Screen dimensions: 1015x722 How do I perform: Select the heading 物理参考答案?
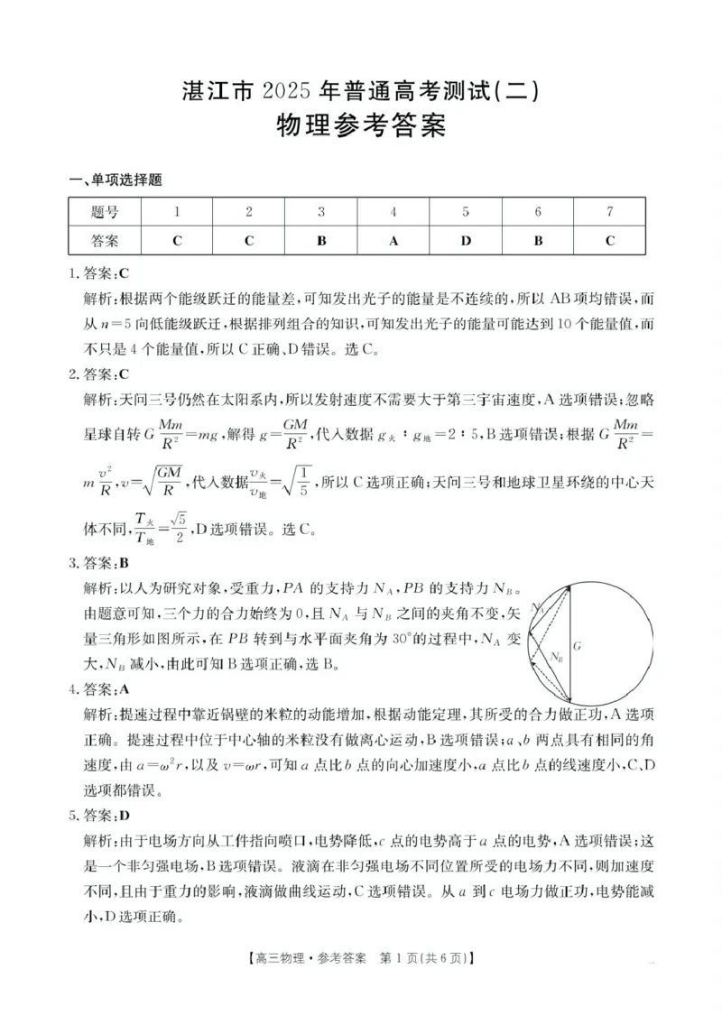coord(360,126)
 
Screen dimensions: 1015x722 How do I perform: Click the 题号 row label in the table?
coord(105,212)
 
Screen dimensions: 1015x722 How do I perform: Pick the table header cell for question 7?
coord(610,212)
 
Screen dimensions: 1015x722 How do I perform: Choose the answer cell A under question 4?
coord(393,241)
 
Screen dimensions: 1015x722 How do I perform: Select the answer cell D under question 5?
coord(466,241)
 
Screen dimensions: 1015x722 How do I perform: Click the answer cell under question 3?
coord(321,241)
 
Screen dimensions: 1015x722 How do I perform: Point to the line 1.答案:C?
coord(100,273)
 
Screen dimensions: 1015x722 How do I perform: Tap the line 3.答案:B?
coord(100,564)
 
